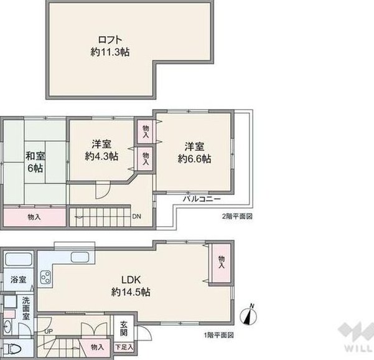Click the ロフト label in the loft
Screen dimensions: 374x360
[110, 39]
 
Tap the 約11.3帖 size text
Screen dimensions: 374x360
[110, 52]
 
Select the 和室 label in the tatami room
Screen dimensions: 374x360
[35, 156]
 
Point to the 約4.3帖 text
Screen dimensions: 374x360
[101, 156]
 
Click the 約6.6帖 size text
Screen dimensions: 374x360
[194, 159]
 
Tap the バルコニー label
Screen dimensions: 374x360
[202, 199]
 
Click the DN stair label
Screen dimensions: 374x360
[137, 217]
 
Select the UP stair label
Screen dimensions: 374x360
[49, 331]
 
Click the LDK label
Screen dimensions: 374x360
[131, 280]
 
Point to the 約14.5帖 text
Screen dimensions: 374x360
[131, 291]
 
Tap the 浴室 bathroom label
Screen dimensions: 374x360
[19, 280]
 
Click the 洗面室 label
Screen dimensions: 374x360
[26, 308]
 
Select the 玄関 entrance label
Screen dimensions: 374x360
[124, 328]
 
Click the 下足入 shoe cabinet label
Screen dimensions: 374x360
[124, 347]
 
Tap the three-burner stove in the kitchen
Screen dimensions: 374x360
[45, 277]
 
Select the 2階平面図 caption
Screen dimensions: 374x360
[237, 217]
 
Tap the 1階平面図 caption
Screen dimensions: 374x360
[218, 335]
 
